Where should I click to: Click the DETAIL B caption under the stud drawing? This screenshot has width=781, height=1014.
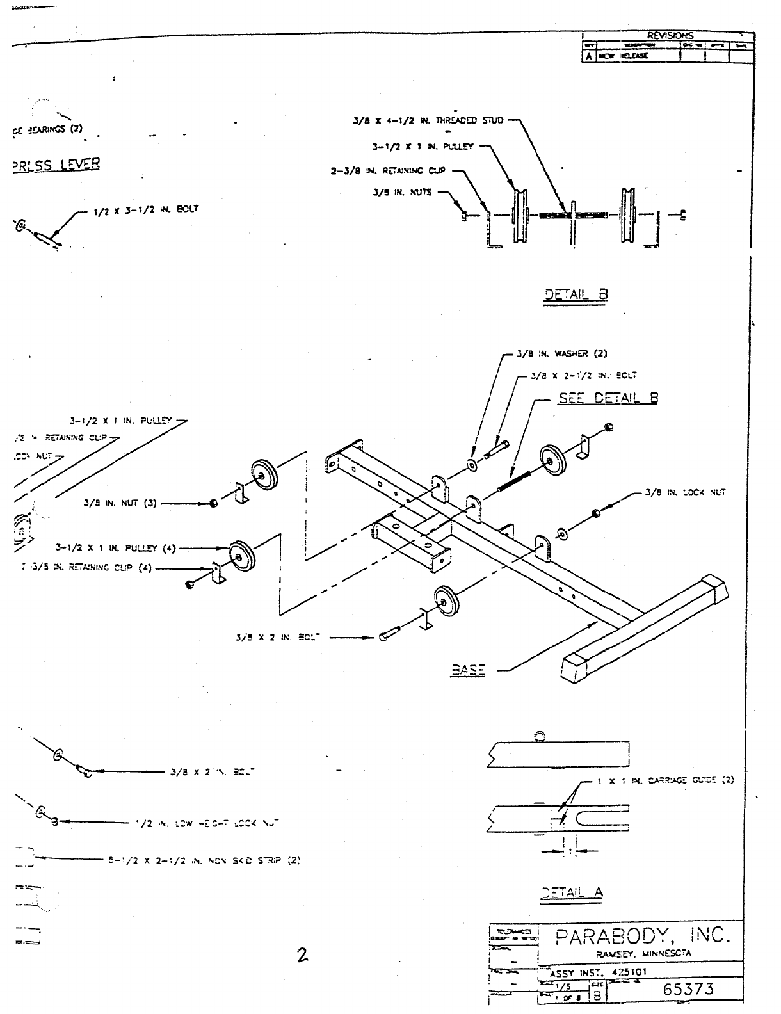tap(576, 294)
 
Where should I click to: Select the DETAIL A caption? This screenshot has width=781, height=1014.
tap(572, 892)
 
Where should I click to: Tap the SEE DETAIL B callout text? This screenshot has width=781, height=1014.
tap(608, 398)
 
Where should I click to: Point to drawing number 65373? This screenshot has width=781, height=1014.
tap(688, 988)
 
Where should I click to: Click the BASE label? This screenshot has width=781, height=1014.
tap(468, 670)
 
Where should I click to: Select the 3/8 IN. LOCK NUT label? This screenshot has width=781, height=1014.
tap(685, 492)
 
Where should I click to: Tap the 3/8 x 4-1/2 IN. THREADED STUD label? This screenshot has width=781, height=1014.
tap(428, 120)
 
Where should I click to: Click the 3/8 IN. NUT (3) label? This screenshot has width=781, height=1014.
tap(120, 503)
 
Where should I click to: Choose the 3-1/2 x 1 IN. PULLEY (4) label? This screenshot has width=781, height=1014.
tap(115, 548)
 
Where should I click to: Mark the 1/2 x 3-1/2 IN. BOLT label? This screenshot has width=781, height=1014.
tap(146, 209)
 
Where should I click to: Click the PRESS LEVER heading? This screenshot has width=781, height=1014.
tap(56, 164)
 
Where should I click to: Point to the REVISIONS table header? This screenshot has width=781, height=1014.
tap(670, 36)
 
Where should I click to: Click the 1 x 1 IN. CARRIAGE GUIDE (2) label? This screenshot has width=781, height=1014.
tap(666, 780)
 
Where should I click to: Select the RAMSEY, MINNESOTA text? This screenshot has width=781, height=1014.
tap(641, 953)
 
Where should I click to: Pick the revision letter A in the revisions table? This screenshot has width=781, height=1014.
tap(588, 56)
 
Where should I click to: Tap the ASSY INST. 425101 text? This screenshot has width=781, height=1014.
tap(598, 971)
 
